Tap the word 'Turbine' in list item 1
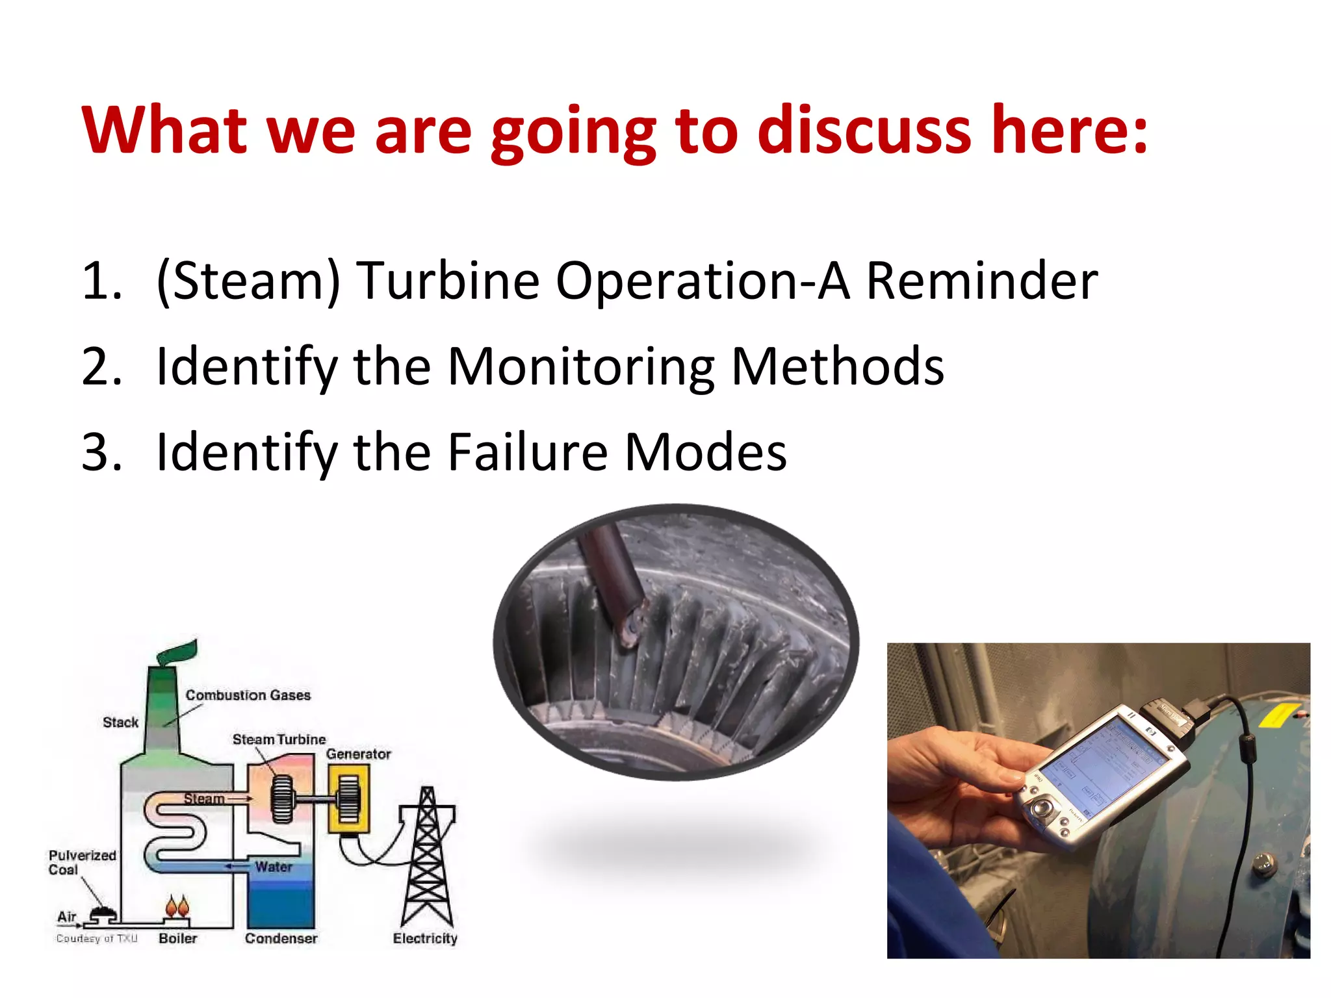tap(448, 281)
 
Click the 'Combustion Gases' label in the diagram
tap(248, 695)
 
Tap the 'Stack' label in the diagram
tap(120, 723)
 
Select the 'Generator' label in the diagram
tap(358, 754)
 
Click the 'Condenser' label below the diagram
tap(281, 938)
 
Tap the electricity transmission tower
tap(427, 858)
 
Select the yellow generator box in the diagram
tap(349, 799)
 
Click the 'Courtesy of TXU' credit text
tap(97, 938)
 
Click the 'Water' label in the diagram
tap(273, 867)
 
